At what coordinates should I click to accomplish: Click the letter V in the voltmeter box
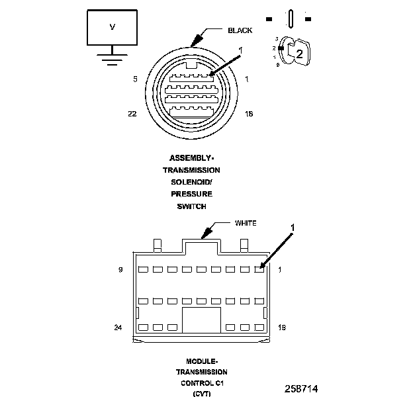[112, 27]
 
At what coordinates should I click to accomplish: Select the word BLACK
[240, 30]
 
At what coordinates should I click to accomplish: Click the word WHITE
[246, 223]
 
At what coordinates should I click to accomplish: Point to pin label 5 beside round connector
[135, 79]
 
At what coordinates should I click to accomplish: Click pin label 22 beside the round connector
[132, 114]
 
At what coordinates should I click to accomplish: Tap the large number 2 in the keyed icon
[299, 55]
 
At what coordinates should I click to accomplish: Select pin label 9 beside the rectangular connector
[120, 269]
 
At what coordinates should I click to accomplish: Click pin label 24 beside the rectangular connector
[118, 327]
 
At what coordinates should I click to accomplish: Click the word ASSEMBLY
[191, 158]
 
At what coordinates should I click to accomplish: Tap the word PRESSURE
[192, 194]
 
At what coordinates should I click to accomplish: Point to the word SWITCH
[192, 206]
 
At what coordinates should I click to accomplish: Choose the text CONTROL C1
[201, 383]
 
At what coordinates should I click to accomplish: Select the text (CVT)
[201, 394]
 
